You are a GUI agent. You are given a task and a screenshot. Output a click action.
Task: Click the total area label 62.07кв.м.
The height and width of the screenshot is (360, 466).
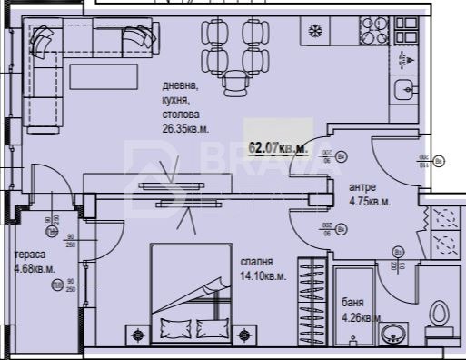[x=278, y=145]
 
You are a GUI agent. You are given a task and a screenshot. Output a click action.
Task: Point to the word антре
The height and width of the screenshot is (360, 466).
[x=363, y=187]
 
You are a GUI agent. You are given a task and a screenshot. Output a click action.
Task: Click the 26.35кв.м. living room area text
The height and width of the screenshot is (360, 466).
[x=187, y=129]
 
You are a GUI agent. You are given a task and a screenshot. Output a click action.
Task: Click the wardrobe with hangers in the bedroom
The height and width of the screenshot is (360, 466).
[x=312, y=300]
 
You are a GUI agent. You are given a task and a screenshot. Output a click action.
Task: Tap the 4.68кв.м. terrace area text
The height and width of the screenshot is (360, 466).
[x=35, y=269]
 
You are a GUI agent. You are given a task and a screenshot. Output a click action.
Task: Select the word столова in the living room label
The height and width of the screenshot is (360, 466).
[x=180, y=115]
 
